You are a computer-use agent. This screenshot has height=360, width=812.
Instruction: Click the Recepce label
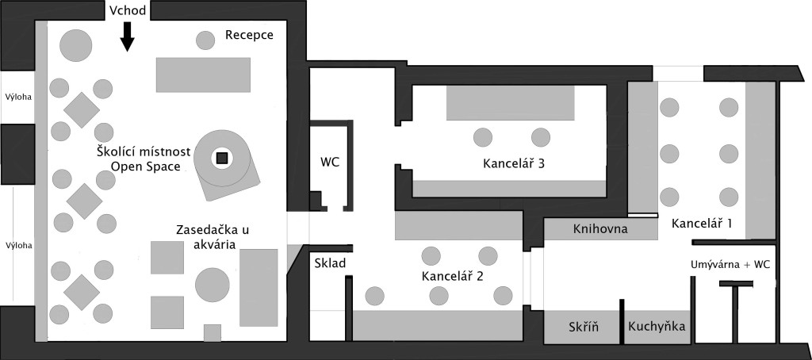tap(249, 35)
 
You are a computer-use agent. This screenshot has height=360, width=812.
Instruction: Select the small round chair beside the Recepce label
tap(205, 39)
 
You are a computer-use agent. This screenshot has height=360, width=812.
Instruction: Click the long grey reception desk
tap(204, 75)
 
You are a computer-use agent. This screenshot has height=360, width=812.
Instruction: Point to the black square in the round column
tap(222, 159)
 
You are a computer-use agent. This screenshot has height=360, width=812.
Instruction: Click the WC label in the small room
tap(330, 162)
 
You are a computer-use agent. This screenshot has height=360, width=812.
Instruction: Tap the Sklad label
tap(330, 263)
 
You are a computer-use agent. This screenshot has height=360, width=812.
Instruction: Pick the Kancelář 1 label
tap(701, 224)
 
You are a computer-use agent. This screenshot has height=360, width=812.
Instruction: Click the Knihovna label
tap(599, 230)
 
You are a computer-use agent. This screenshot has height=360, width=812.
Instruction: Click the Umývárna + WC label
tap(729, 262)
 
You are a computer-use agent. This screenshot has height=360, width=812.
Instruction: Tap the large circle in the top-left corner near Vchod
tap(76, 44)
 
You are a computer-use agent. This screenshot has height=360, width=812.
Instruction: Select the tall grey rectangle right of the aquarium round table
tap(259, 287)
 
